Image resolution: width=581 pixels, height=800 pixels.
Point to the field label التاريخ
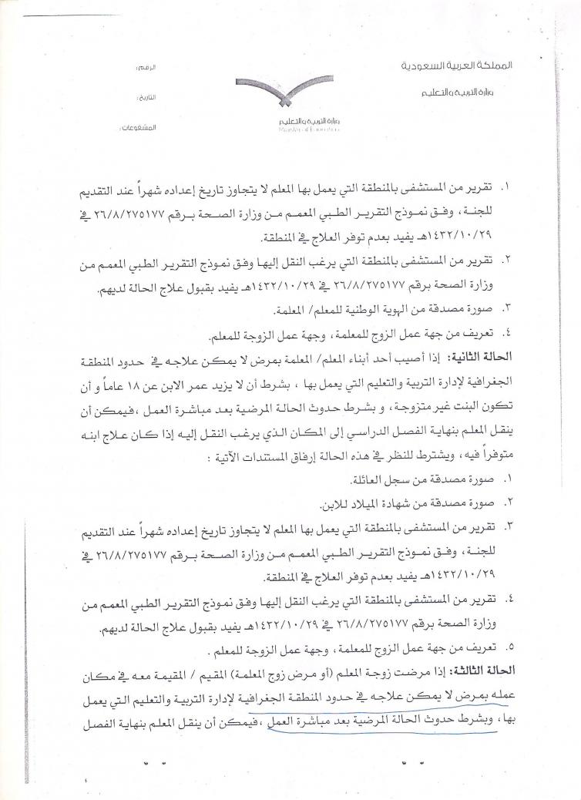pos(146,99)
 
